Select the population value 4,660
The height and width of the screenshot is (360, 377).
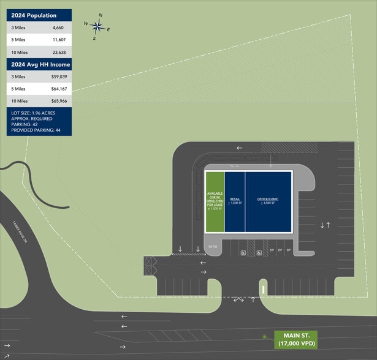[58, 28]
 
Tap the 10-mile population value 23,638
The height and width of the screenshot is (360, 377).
[58, 52]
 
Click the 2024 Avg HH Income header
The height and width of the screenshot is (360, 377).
[40, 64]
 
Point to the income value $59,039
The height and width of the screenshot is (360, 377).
[58, 77]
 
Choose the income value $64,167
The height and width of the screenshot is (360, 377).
[58, 89]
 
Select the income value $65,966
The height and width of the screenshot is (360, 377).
[58, 101]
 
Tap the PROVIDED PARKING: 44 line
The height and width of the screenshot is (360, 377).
[36, 130]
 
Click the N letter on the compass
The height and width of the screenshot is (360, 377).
[101, 15]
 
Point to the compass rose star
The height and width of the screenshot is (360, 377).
[97, 26]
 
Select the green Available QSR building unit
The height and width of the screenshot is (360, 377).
[215, 201]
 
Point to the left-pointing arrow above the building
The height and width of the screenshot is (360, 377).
[240, 148]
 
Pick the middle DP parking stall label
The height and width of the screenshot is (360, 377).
[280, 250]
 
